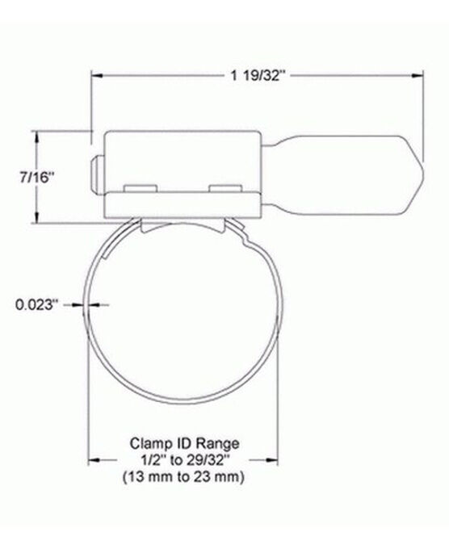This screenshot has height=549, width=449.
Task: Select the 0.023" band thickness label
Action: [37, 304]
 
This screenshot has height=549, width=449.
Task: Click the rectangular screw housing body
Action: [179, 157]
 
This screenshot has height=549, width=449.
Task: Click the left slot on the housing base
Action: [141, 189]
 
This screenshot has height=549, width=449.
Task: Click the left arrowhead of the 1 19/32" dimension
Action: [95, 76]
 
